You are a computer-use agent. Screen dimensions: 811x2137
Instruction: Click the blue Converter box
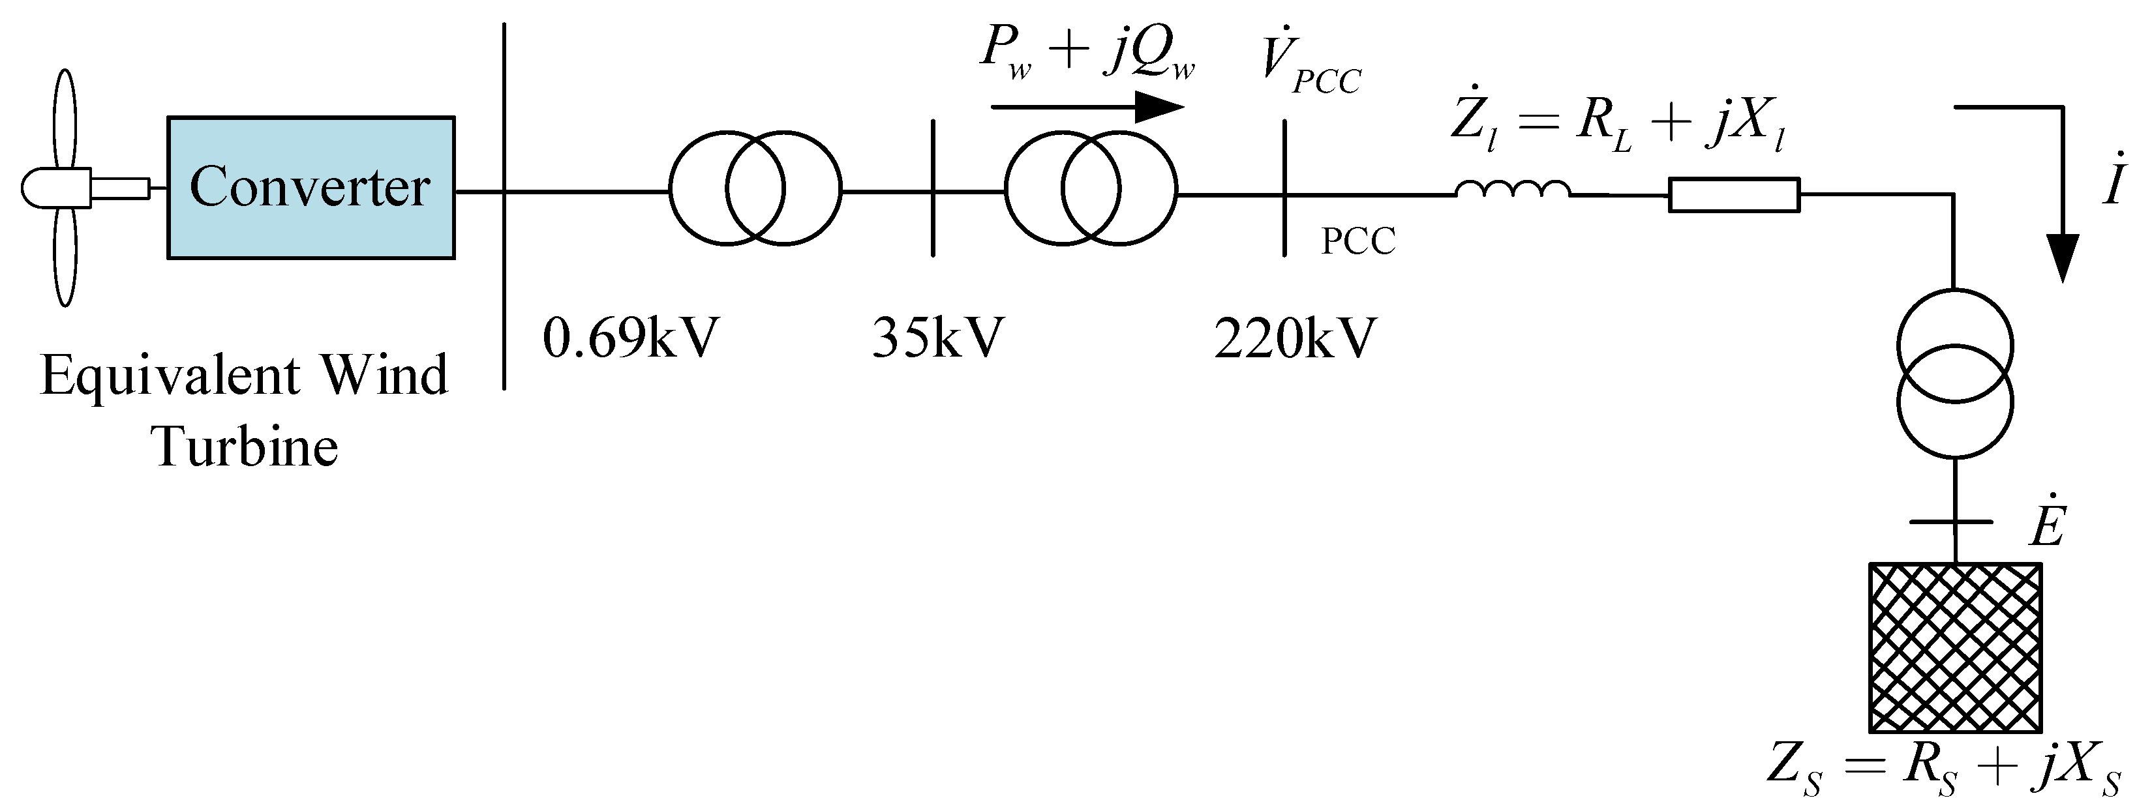click(311, 187)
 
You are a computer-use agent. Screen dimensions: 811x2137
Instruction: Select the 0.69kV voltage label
click(631, 338)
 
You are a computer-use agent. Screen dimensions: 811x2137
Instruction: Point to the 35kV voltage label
click(937, 338)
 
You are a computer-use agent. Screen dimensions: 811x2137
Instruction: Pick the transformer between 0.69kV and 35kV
click(755, 188)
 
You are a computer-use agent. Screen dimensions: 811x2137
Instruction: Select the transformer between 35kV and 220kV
click(1091, 188)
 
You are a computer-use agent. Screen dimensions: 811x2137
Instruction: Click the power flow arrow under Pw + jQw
click(1087, 107)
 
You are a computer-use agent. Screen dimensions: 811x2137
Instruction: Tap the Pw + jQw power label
click(1087, 52)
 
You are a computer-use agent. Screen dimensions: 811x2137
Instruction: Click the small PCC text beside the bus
click(1358, 241)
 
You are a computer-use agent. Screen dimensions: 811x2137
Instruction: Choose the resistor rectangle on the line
click(1734, 196)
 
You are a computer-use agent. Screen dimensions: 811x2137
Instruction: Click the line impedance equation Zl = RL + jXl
click(1618, 125)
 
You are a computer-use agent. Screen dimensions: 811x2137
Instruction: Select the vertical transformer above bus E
click(1954, 373)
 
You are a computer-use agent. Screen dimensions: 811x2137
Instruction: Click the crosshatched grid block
click(1954, 647)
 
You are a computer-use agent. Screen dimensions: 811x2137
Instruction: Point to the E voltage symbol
click(2048, 524)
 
